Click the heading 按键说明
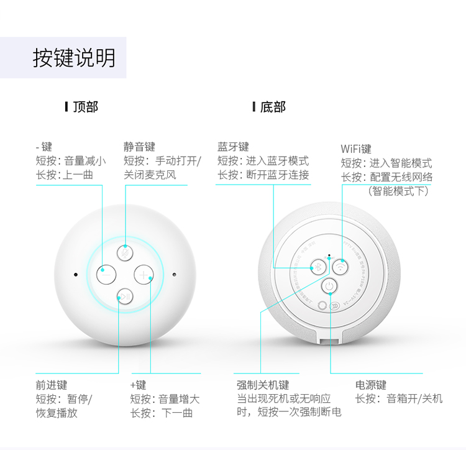pyautogui.click(x=74, y=58)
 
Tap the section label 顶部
pyautogui.click(x=85, y=107)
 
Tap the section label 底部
pyautogui.click(x=273, y=107)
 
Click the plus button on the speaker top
pyautogui.click(x=144, y=274)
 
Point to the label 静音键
pyautogui.click(x=139, y=147)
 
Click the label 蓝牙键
pyautogui.click(x=233, y=147)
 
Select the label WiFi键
pyautogui.click(x=356, y=149)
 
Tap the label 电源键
pyautogui.click(x=371, y=385)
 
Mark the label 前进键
pyautogui.click(x=52, y=385)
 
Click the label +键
pyautogui.click(x=138, y=385)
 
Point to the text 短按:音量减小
pyautogui.click(x=71, y=161)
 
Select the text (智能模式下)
pyautogui.click(x=398, y=191)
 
